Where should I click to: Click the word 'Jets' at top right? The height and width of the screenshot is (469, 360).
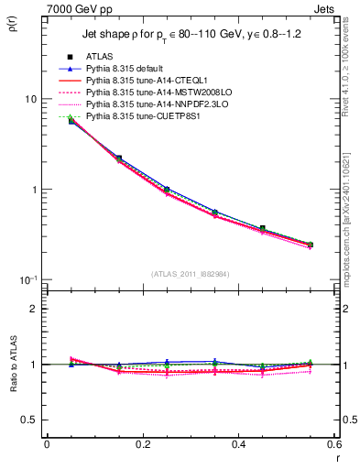click(x=327, y=8)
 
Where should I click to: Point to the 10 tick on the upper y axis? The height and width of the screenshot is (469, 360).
click(x=29, y=99)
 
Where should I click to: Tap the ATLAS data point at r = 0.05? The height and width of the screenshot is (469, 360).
click(x=71, y=121)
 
